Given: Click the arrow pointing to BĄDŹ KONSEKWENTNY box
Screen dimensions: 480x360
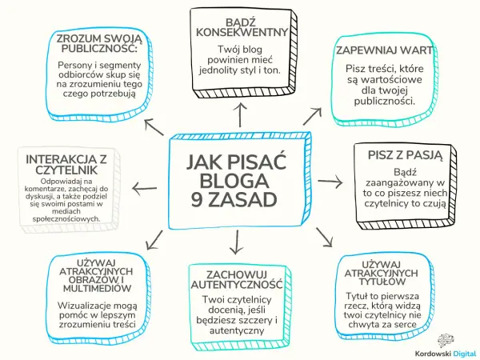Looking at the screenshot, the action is (240, 114).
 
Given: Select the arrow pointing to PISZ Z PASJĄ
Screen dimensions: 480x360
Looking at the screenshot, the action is (330, 182).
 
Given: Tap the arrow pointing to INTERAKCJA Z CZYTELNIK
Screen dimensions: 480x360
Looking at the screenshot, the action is (145, 189).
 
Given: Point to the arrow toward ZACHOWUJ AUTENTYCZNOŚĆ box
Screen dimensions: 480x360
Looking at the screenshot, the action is (236, 242).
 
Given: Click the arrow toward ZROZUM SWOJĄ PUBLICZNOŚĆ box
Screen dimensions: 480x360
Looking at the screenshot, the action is (154, 127).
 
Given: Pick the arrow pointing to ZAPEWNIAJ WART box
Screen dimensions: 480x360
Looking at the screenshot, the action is (312, 116).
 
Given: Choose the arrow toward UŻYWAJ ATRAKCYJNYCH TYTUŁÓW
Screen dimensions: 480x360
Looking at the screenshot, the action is (324, 237).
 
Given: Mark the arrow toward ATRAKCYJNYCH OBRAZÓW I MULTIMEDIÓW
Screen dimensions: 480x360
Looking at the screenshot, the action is (154, 240).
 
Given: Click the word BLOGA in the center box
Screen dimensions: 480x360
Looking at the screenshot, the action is (234, 181).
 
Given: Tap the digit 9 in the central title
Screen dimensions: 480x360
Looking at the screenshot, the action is (198, 200).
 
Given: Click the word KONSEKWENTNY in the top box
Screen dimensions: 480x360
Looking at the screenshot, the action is (242, 32).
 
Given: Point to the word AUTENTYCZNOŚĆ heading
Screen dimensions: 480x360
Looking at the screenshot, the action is (237, 284).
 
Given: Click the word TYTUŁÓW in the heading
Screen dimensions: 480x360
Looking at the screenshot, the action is (382, 282).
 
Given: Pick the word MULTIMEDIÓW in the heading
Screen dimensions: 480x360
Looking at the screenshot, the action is (98, 288).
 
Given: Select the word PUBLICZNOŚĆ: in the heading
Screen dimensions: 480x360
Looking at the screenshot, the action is (99, 48).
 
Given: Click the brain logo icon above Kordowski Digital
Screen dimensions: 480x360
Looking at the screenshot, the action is (446, 341).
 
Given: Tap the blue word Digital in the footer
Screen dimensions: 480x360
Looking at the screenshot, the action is (466, 354).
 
